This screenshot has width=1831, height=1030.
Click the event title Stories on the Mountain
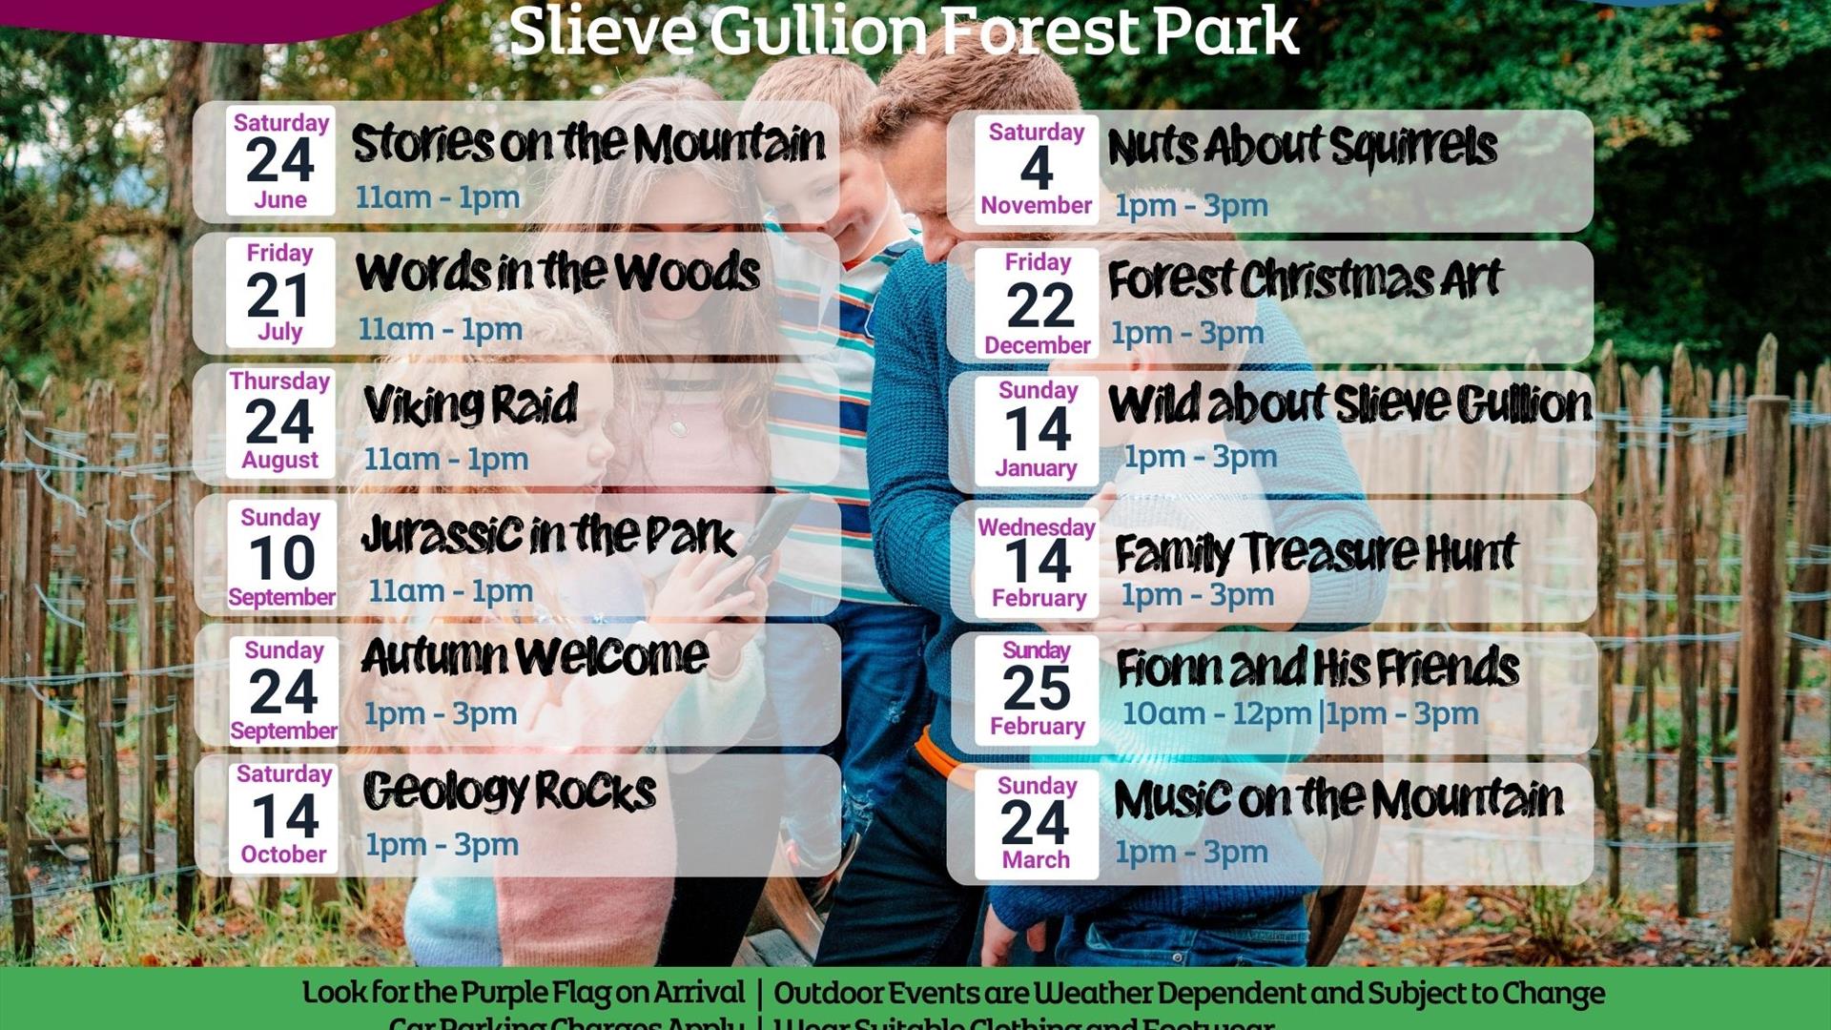pyautogui.click(x=588, y=144)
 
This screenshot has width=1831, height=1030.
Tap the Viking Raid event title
pyautogui.click(x=470, y=405)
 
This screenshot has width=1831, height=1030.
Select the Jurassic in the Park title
pyautogui.click(x=548, y=535)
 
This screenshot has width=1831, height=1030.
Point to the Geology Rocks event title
pyautogui.click(x=509, y=791)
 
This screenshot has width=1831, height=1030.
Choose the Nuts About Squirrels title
pyautogui.click(x=1302, y=148)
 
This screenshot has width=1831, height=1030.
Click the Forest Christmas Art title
pyautogui.click(x=1305, y=279)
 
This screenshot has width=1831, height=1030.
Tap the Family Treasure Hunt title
pyautogui.click(x=1315, y=552)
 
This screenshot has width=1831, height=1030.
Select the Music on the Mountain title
pyautogui.click(x=1338, y=798)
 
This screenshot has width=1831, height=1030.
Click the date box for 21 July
pyautogui.click(x=280, y=293)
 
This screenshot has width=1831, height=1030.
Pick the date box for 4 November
pyautogui.click(x=1037, y=170)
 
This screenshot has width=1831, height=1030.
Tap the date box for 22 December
pyautogui.click(x=1038, y=303)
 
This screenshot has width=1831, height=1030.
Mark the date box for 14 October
pyautogui.click(x=284, y=816)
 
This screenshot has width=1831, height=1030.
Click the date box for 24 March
pyautogui.click(x=1037, y=824)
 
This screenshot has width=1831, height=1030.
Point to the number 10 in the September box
pyautogui.click(x=282, y=558)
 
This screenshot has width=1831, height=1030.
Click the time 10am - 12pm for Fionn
pyautogui.click(x=1217, y=713)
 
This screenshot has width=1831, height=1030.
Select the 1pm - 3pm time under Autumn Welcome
pyautogui.click(x=441, y=713)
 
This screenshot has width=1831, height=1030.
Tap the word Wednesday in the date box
pyautogui.click(x=1037, y=527)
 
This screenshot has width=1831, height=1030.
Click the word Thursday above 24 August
pyautogui.click(x=279, y=381)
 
